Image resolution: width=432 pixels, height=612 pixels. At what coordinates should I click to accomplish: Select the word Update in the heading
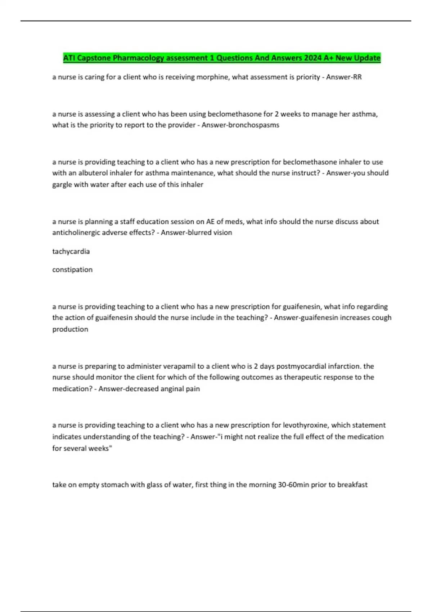click(x=367, y=58)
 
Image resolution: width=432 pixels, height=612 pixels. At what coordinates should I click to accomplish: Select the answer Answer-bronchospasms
click(x=240, y=125)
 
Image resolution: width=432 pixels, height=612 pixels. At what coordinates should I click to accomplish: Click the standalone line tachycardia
click(x=71, y=251)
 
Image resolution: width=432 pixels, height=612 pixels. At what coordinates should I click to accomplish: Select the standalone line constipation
click(x=72, y=270)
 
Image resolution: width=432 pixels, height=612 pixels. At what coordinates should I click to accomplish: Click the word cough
click(x=382, y=318)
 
